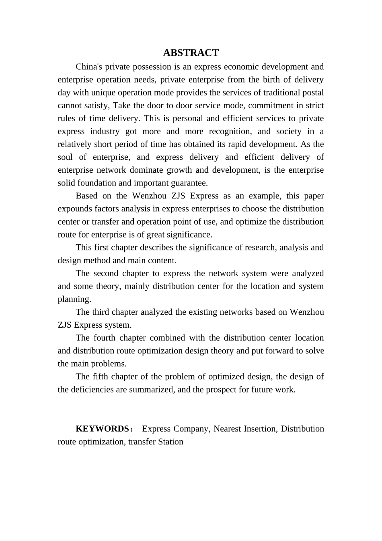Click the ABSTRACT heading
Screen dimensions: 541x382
(x=191, y=53)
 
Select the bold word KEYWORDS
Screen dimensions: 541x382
(x=102, y=429)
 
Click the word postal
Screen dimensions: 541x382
(x=313, y=93)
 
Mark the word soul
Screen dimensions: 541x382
(x=65, y=157)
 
